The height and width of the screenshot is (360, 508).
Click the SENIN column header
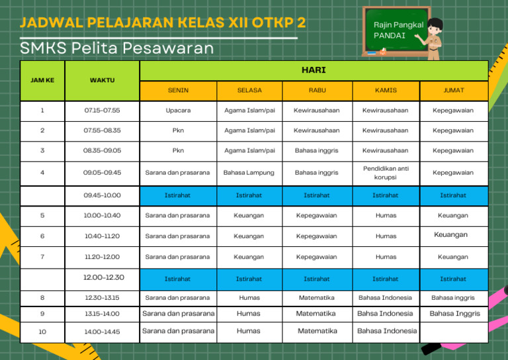pyautogui.click(x=178, y=90)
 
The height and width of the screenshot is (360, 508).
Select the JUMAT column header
pyautogui.click(x=453, y=90)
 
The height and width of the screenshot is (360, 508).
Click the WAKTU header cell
pyautogui.click(x=102, y=80)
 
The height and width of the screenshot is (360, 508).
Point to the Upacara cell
pyautogui.click(x=178, y=111)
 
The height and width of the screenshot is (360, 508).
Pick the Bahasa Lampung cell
pyautogui.click(x=249, y=173)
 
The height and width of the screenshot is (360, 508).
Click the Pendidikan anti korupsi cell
pyautogui.click(x=385, y=173)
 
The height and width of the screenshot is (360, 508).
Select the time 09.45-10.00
pyautogui.click(x=102, y=195)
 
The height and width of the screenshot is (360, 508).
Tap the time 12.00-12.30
pyautogui.click(x=103, y=278)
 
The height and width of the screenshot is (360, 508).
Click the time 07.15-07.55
pyautogui.click(x=102, y=111)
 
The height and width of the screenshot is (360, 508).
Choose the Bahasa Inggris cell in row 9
pyautogui.click(x=454, y=314)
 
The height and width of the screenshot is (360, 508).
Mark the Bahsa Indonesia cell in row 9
pyautogui.click(x=385, y=314)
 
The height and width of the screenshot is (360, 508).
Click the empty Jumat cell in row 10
pyautogui.click(x=454, y=331)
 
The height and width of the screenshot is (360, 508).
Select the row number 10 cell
pyautogui.click(x=42, y=332)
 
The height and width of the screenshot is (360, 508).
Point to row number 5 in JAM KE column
pyautogui.click(x=42, y=216)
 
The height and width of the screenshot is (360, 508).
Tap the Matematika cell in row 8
pyautogui.click(x=317, y=298)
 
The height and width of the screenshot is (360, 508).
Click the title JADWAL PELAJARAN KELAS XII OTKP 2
pyautogui.click(x=163, y=23)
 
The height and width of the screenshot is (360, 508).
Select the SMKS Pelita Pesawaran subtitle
pyautogui.click(x=117, y=48)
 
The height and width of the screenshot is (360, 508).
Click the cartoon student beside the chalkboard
pyautogui.click(x=435, y=38)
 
